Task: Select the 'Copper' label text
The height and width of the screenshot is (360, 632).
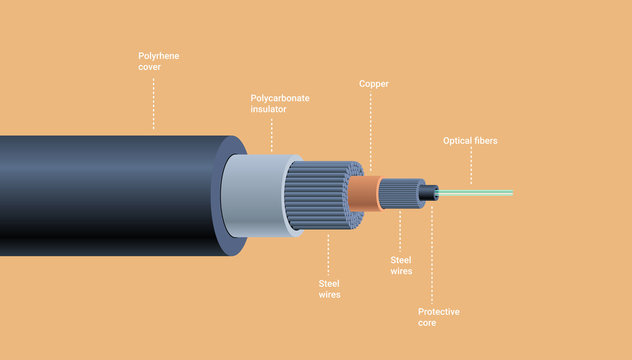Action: click(x=374, y=83)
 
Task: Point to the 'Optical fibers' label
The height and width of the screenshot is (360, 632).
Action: click(x=470, y=141)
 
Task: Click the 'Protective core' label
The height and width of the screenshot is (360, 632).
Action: click(x=439, y=317)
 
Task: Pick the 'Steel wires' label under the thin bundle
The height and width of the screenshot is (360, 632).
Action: click(x=402, y=265)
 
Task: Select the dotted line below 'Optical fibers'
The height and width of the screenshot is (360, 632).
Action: click(x=471, y=166)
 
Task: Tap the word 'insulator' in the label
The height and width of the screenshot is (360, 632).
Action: click(x=269, y=109)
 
